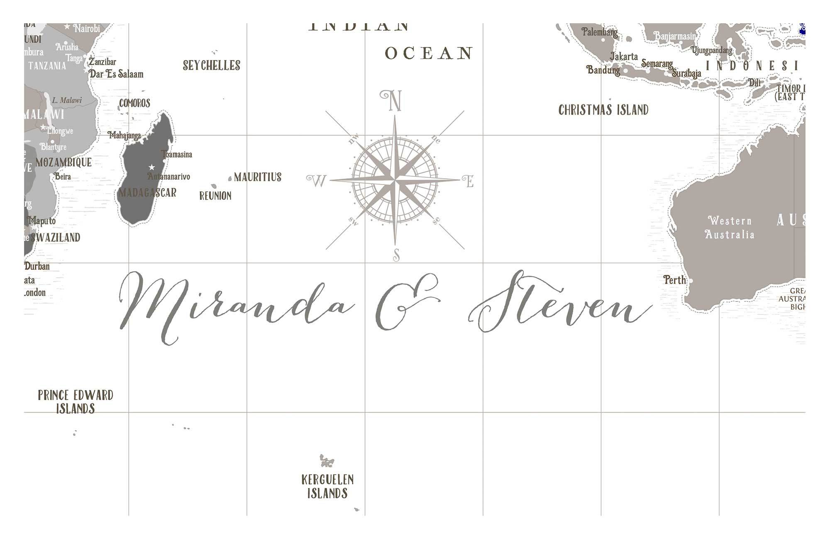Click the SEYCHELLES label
tap(212, 66)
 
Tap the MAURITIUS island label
tap(257, 177)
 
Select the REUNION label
tap(215, 196)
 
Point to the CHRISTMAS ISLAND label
tap(603, 110)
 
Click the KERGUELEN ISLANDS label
tap(327, 486)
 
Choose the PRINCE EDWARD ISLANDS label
tap(76, 401)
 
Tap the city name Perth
tap(674, 280)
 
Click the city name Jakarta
tap(624, 56)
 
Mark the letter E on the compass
tap(469, 181)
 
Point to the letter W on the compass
tap(317, 181)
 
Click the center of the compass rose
tap(395, 180)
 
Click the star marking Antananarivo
tap(152, 167)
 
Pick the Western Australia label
tap(730, 227)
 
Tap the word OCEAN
tap(429, 53)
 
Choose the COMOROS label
tap(135, 103)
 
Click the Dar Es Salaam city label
tap(117, 74)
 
